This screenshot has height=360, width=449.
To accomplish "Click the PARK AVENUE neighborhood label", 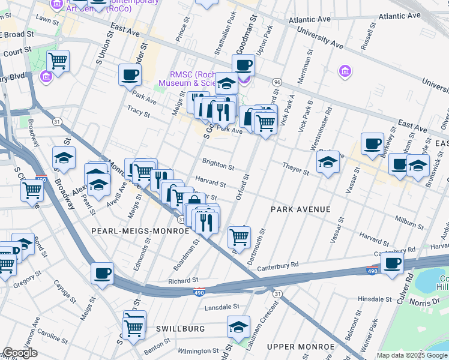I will pyautogui.click(x=301, y=209).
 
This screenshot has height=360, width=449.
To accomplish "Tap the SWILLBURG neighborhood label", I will pyautogui.click(x=181, y=329).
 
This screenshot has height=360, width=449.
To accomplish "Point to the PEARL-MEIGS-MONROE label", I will pyautogui.click(x=131, y=230).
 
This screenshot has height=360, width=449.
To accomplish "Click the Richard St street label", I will pyautogui.click(x=183, y=280).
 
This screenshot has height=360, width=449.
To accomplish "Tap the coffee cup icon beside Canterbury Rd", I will pyautogui.click(x=392, y=262).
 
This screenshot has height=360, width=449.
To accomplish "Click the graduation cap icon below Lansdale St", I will pyautogui.click(x=238, y=326).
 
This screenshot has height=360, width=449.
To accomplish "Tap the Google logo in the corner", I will pyautogui.click(x=19, y=353).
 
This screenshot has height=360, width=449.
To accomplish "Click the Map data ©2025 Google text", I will pyautogui.click(x=412, y=355).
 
